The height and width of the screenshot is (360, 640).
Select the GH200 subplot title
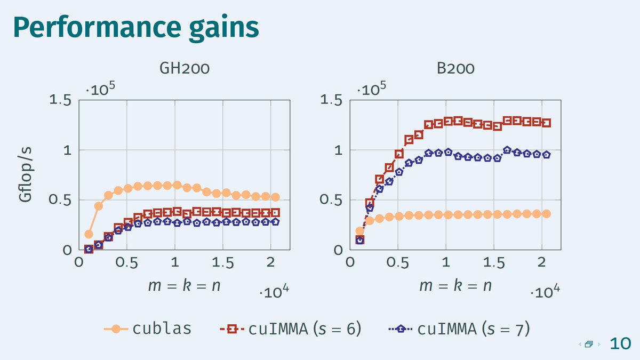pos(184,69)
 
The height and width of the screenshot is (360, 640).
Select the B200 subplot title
pos(455,69)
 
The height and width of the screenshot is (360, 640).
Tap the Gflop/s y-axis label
pos(25,175)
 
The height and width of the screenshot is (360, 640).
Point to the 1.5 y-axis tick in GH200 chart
pos(61,100)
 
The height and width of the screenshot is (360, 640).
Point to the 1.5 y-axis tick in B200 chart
pos(332,100)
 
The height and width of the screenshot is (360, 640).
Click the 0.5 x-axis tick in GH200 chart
pos(127,263)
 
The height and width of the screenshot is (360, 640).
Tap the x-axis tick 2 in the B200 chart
pos(542,263)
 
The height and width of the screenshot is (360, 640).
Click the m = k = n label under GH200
pos(184,285)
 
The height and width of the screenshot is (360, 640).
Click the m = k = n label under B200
pos(455,285)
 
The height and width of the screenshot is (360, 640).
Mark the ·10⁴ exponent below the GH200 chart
pos(275,292)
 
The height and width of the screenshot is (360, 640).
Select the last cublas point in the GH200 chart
pos(275,197)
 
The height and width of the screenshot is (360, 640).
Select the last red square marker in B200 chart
pos(546,123)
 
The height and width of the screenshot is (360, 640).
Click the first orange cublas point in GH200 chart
pos(89,234)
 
